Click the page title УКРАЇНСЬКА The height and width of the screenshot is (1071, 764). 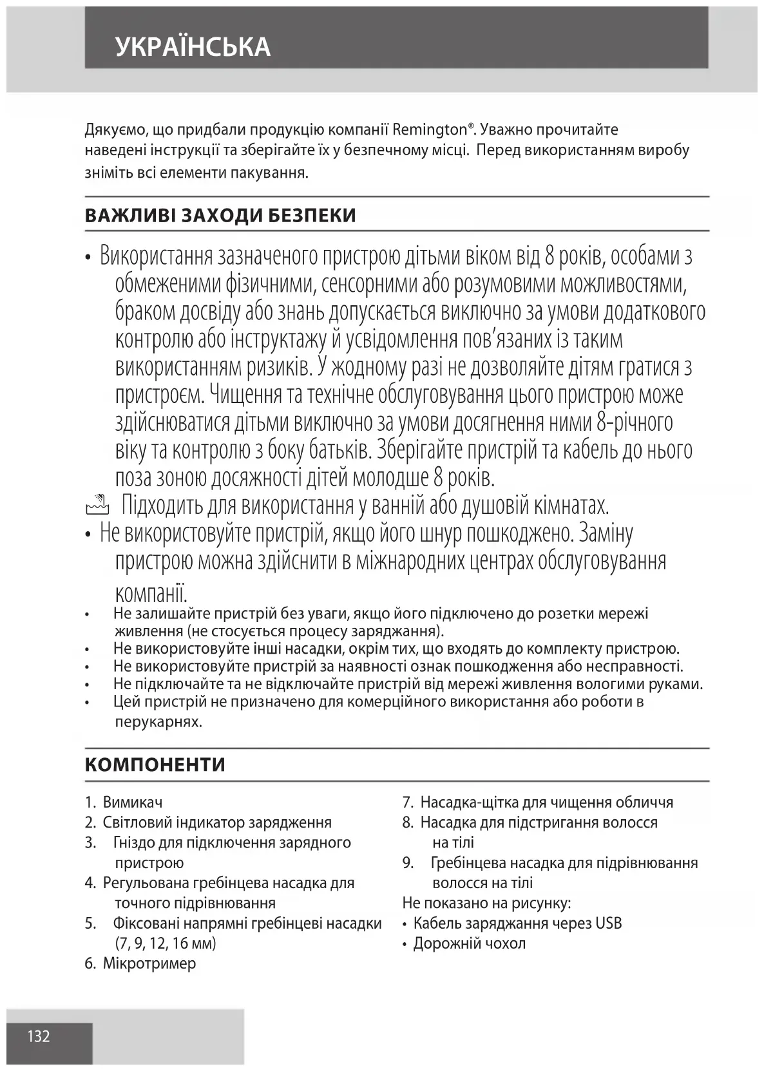pyautogui.click(x=193, y=47)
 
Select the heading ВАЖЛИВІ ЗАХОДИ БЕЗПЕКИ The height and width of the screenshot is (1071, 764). pyautogui.click(x=220, y=215)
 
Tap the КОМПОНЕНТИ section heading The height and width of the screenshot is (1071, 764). pyautogui.click(x=155, y=765)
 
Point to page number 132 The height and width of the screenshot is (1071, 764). pyautogui.click(x=39, y=1036)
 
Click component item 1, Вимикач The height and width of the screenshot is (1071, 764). pyautogui.click(x=133, y=802)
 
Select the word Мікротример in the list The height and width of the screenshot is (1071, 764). pyautogui.click(x=149, y=963)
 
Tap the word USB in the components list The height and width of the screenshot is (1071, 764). pyautogui.click(x=608, y=923)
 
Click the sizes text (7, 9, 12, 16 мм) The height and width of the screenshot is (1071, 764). pyautogui.click(x=166, y=943)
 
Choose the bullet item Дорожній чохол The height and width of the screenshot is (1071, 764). pyautogui.click(x=469, y=943)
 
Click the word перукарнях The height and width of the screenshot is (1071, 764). pyautogui.click(x=158, y=721)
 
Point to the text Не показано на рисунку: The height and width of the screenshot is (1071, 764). pyautogui.click(x=486, y=903)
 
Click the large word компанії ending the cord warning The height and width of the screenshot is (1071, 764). pyautogui.click(x=151, y=589)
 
